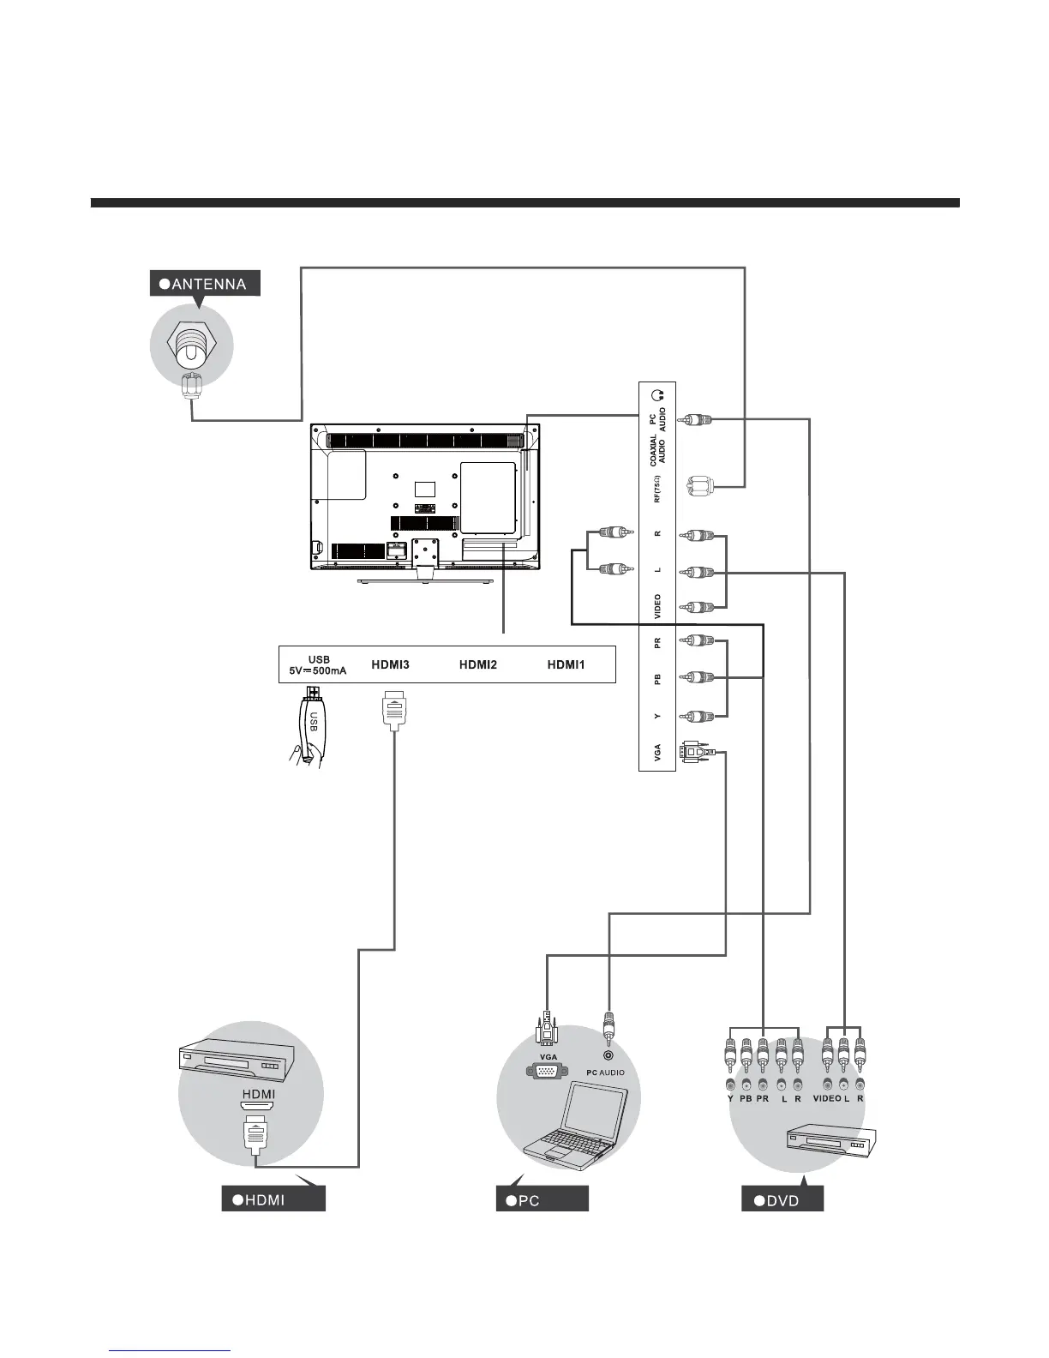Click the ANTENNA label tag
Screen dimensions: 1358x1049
pos(204,284)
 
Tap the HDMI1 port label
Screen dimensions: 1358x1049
pos(566,664)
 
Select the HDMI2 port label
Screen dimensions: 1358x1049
pos(477,664)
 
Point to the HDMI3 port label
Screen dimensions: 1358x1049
pos(390,664)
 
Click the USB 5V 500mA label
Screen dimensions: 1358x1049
pos(318,665)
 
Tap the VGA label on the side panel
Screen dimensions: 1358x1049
pos(657,753)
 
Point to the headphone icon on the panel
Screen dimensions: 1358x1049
pos(657,396)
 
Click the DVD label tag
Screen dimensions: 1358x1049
pos(782,1199)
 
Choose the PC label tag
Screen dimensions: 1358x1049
pos(542,1199)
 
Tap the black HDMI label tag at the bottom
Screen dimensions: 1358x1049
pos(273,1199)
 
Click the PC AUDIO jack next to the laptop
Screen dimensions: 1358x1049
pos(608,1057)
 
